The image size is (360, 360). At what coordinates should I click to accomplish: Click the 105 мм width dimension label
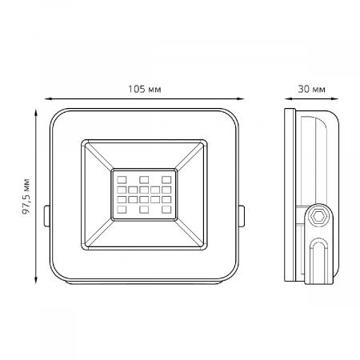[x=145, y=89]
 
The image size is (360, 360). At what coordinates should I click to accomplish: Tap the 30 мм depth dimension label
[x=311, y=89]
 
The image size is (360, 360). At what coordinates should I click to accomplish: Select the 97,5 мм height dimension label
[x=26, y=197]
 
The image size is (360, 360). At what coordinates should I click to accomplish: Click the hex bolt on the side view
[x=318, y=216]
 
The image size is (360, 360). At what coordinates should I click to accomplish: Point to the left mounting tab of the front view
[x=46, y=216]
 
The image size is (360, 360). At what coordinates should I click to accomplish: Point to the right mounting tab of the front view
[x=242, y=216]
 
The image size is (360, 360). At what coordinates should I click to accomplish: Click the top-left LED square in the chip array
[x=122, y=179]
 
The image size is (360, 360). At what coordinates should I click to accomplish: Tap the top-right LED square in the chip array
[x=166, y=179]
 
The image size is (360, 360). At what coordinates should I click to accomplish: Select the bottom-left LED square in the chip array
[x=122, y=210]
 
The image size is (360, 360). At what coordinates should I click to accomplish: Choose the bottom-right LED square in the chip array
[x=166, y=210]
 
